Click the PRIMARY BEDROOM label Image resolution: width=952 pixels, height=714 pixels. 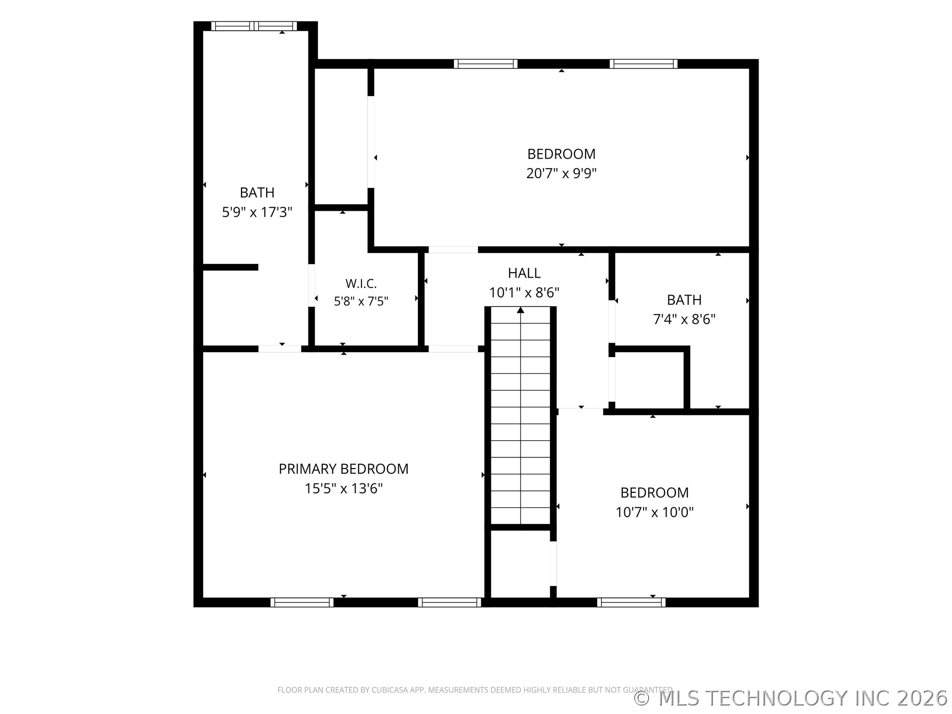tap(344, 469)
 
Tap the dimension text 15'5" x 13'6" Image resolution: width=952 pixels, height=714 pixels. tap(344, 488)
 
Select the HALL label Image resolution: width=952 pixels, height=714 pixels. tap(524, 273)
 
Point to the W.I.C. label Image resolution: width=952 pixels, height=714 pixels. tap(361, 284)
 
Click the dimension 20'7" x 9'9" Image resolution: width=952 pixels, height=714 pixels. tap(561, 173)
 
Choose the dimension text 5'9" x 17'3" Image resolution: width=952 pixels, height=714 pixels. tap(257, 212)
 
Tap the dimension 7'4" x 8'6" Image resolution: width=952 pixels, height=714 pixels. tap(684, 319)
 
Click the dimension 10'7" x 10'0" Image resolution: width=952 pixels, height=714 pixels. tap(654, 512)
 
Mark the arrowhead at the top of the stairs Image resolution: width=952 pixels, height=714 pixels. tap(521, 310)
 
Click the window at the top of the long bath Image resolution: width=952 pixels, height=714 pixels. tap(254, 26)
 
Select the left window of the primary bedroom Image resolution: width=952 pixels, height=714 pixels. tap(302, 602)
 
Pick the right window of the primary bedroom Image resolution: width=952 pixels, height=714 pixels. tap(450, 602)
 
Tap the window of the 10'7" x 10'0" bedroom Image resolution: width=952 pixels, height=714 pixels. tap(631, 602)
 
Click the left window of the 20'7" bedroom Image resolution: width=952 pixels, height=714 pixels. tap(485, 64)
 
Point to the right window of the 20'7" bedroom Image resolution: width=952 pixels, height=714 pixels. tap(644, 64)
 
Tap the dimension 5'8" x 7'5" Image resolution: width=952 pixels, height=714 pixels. tap(361, 301)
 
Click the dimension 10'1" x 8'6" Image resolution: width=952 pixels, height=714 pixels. tap(524, 293)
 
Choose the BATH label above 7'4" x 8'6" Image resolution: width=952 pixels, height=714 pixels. tap(684, 300)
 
